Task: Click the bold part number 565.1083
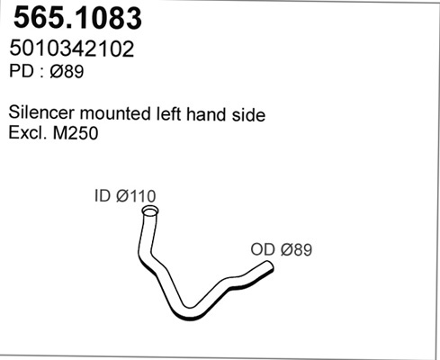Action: (x=77, y=18)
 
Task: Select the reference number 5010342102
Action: (x=72, y=49)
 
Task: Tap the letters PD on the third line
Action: (x=21, y=71)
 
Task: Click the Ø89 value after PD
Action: (x=67, y=72)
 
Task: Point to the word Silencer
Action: (x=41, y=112)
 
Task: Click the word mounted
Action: (x=116, y=113)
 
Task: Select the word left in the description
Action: (x=169, y=113)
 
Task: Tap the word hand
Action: (x=206, y=114)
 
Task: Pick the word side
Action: (x=248, y=114)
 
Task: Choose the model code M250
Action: (x=76, y=133)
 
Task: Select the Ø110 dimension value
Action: (x=136, y=196)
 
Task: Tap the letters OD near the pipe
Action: (x=263, y=249)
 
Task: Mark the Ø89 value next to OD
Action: (x=296, y=249)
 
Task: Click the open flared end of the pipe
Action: (x=150, y=211)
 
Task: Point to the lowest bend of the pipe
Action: (x=187, y=313)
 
